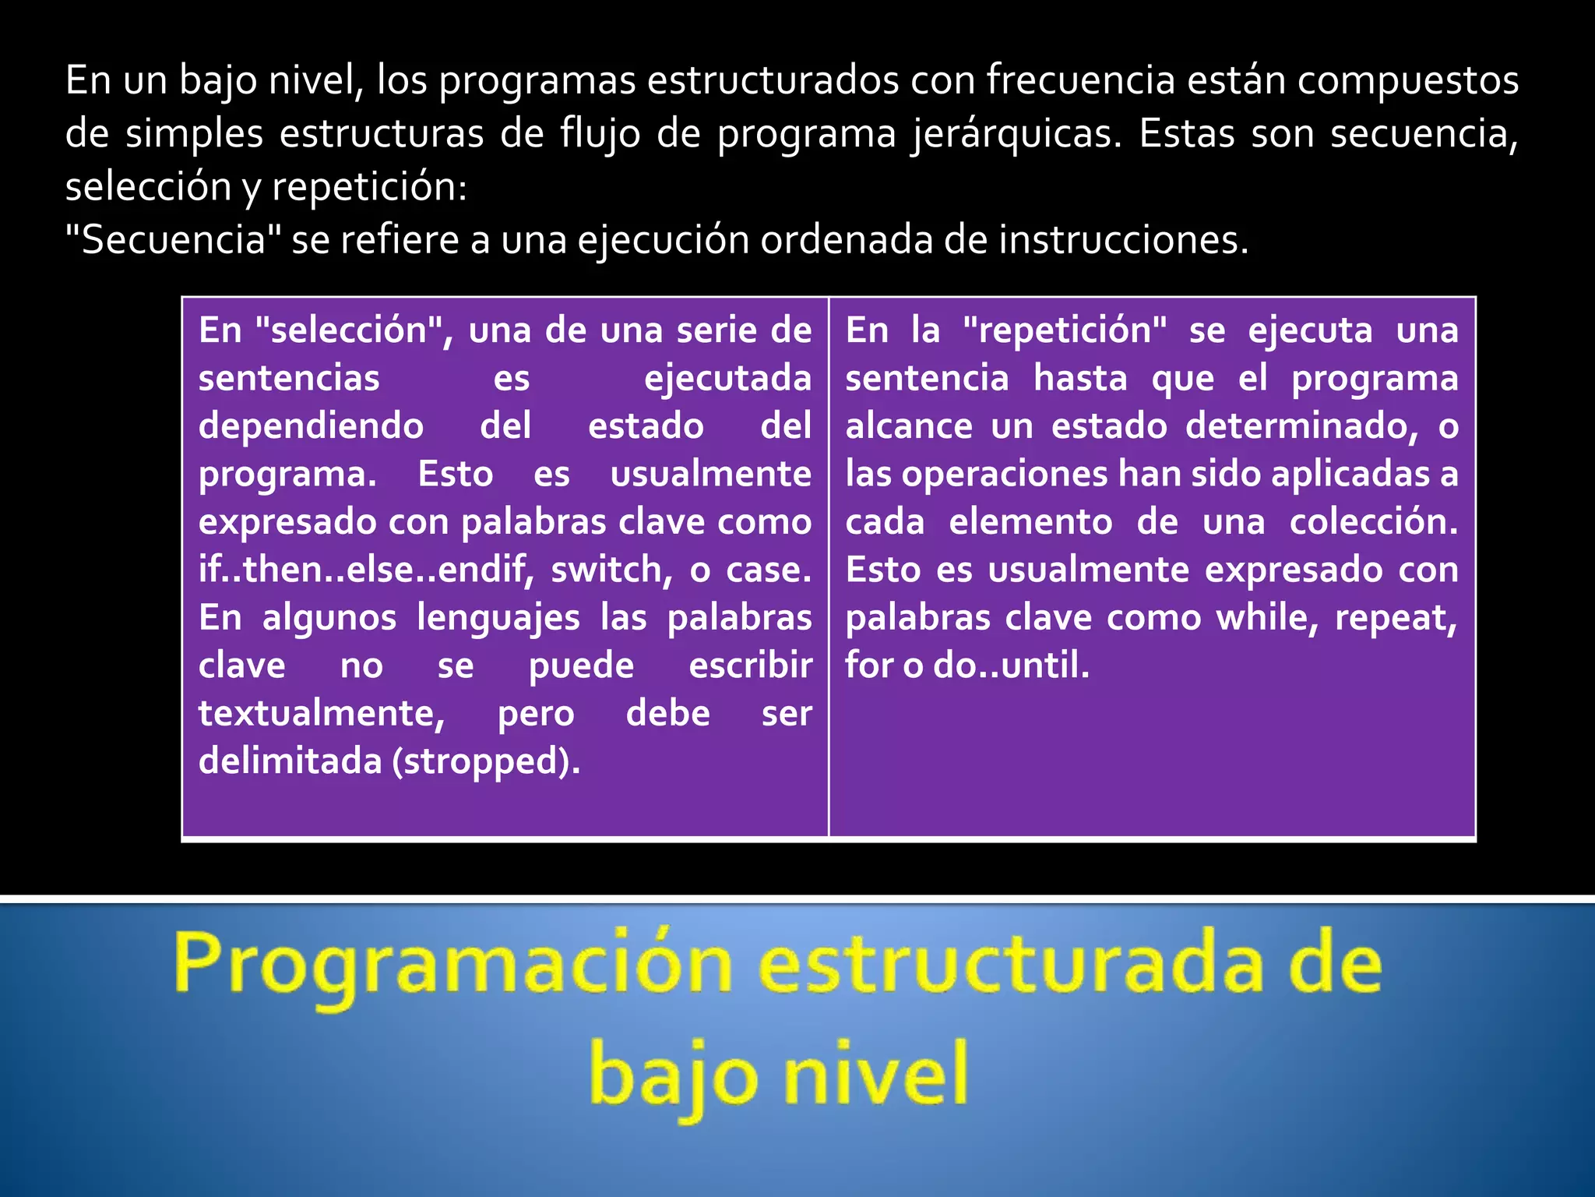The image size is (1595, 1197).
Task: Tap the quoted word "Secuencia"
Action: coord(173,240)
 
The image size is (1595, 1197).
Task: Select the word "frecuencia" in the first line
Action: coord(1080,80)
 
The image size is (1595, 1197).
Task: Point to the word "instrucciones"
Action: coord(1122,240)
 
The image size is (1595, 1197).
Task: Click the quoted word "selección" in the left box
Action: coord(354,330)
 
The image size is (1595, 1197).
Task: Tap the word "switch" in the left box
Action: coord(611,570)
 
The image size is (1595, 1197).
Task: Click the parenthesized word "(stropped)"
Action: coord(486,761)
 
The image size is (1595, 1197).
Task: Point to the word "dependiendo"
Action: coord(311,426)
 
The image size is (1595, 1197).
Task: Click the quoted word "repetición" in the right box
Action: coord(1065,330)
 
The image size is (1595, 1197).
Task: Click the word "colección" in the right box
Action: coord(1373,522)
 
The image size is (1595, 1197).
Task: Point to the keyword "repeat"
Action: coord(1396,618)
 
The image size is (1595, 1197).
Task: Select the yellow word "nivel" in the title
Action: coord(875,1075)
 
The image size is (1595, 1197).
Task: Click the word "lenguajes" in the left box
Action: coord(498,618)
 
